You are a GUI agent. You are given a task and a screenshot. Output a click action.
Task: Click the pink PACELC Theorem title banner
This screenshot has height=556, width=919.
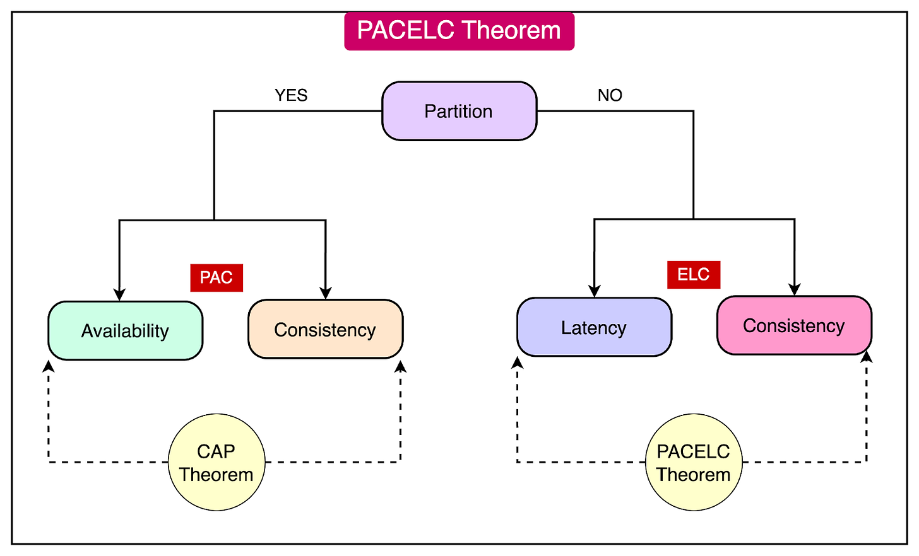[x=459, y=31]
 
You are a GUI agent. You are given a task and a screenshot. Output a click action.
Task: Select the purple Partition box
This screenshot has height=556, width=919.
[x=459, y=111]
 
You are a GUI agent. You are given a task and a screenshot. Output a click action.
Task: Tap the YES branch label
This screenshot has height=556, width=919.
[x=291, y=95]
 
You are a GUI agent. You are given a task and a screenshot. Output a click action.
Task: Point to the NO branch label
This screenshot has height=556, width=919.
[x=610, y=95]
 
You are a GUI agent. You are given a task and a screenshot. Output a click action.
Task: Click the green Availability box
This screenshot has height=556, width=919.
[x=125, y=330]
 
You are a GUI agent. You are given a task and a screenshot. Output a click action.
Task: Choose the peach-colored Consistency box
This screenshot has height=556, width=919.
[x=325, y=329]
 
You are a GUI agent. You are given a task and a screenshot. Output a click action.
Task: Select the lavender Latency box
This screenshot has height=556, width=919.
[x=594, y=327]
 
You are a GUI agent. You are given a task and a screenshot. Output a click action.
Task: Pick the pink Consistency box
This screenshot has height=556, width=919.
[x=794, y=325]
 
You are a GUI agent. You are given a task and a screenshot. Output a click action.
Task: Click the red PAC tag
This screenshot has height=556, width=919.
[x=216, y=277]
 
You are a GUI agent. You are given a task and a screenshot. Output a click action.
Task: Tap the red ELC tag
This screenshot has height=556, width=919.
[x=694, y=275]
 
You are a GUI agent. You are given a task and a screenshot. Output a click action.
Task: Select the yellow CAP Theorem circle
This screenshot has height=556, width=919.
[x=216, y=462]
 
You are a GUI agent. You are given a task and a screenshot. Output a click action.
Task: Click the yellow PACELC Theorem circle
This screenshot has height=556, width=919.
[x=694, y=462]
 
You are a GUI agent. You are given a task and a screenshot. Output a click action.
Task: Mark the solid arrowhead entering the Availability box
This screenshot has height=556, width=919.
[x=119, y=294]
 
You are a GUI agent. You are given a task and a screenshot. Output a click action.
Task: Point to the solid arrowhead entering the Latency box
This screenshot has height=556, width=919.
[x=594, y=291]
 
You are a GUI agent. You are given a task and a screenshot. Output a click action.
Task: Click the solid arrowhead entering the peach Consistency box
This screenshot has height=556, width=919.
[x=326, y=292]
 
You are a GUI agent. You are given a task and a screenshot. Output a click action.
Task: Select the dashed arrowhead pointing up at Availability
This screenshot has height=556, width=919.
[x=49, y=366]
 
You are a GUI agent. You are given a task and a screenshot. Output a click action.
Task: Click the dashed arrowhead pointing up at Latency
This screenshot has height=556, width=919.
[x=518, y=362]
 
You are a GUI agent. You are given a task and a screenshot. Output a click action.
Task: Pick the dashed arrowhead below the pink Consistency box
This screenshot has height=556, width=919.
[x=867, y=357]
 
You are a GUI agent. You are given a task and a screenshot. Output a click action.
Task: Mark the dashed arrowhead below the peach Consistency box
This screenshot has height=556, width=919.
[x=400, y=366]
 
